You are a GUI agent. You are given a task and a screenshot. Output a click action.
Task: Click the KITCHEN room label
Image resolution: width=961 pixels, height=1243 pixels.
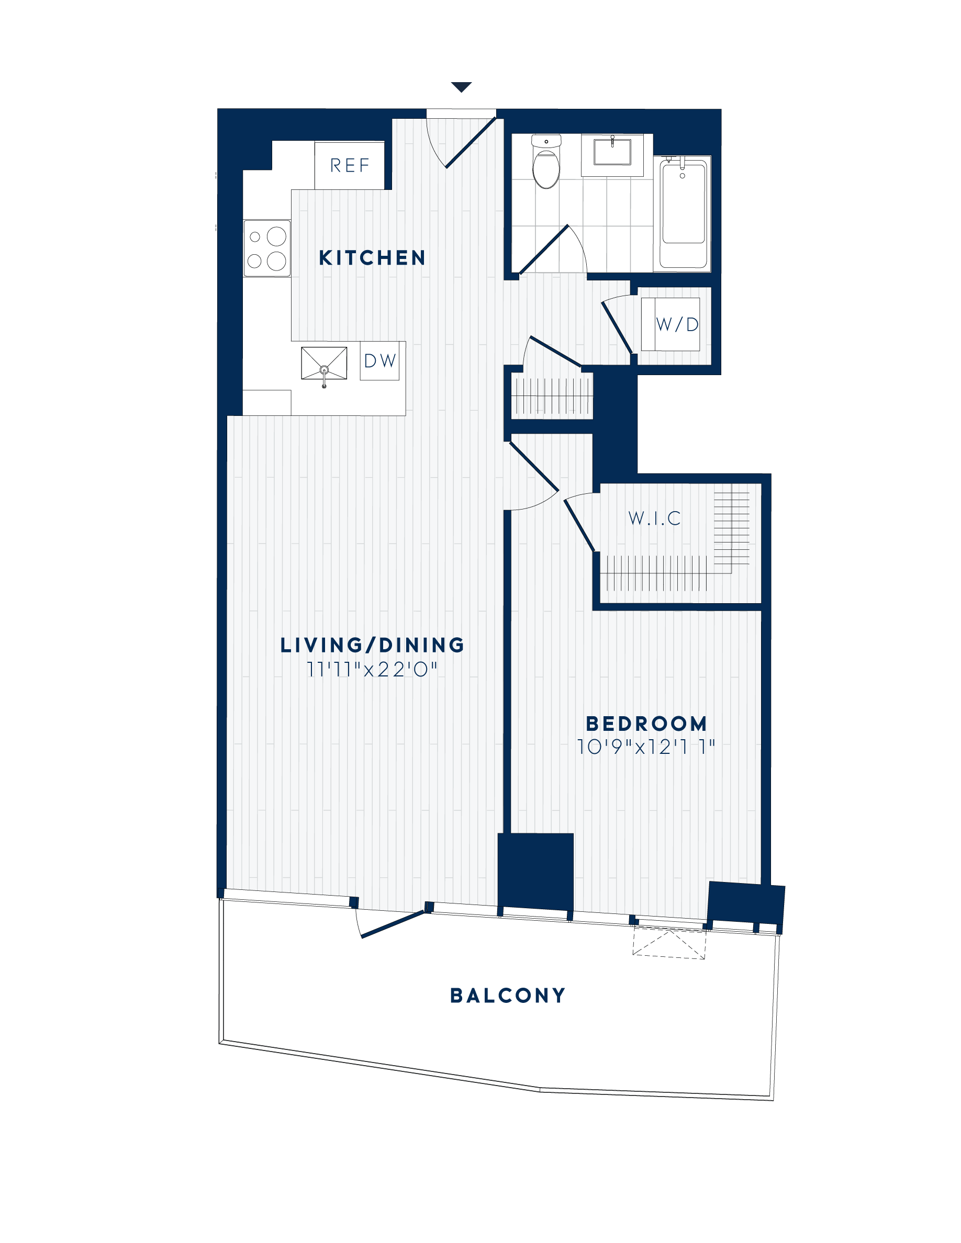coord(372,258)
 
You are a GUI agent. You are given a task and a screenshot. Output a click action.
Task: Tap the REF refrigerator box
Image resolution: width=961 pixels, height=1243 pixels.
coord(350,166)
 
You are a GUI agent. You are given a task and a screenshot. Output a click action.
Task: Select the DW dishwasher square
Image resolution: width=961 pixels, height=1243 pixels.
coord(379,361)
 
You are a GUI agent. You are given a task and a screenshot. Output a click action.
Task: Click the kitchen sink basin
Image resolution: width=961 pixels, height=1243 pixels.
coord(324,363)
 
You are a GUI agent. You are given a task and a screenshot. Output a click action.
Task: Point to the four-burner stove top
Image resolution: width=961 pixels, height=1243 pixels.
coord(267,248)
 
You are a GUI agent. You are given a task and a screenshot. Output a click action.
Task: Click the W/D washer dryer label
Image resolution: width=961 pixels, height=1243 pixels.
coord(677,324)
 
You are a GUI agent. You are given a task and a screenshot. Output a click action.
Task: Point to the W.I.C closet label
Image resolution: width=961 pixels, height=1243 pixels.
coord(655,518)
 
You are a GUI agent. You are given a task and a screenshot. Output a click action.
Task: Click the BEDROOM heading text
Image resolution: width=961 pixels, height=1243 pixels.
coord(647,724)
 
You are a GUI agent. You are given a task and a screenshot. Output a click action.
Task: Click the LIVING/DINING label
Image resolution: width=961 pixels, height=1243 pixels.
coord(373,646)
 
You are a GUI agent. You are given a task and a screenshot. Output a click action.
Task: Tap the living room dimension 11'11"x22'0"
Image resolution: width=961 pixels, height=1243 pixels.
coord(372,670)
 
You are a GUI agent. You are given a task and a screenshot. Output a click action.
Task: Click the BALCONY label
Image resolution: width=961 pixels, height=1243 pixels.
coord(508,996)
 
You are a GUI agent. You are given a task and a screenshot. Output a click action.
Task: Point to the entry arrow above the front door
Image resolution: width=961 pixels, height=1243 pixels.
coord(461,87)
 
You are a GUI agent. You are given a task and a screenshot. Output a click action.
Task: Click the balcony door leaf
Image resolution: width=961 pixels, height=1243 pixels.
coord(393,924)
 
